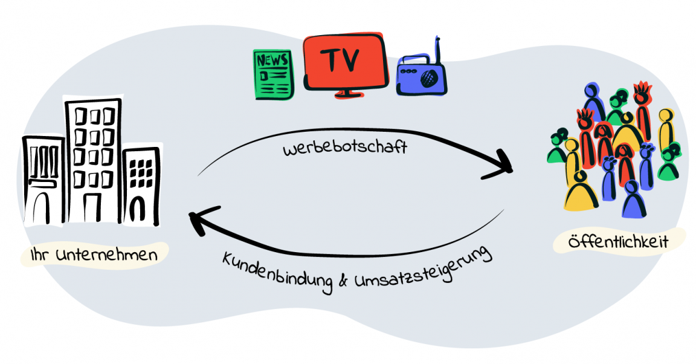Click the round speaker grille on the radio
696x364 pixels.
(x=430, y=77)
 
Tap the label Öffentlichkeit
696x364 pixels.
(x=618, y=242)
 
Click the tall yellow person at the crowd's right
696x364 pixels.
(x=665, y=130)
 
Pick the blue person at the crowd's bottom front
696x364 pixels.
(x=632, y=200)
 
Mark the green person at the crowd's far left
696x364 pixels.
(x=557, y=148)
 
